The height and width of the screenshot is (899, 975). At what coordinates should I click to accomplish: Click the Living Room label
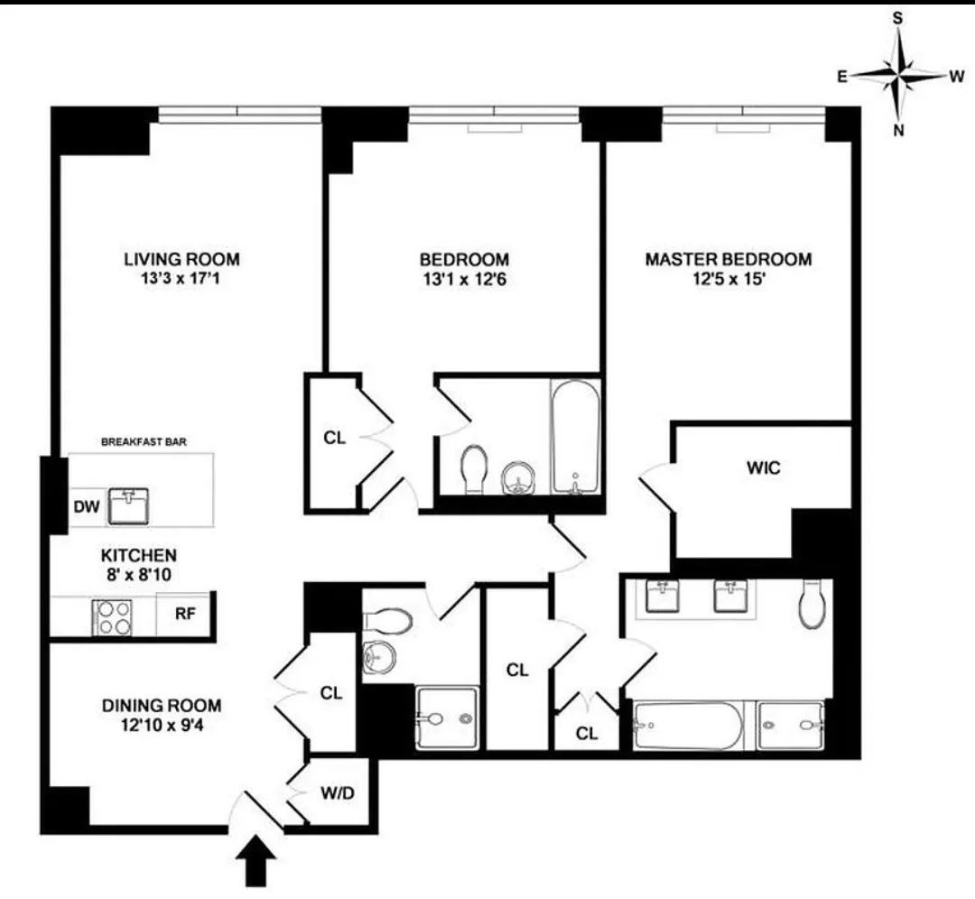[x=181, y=260]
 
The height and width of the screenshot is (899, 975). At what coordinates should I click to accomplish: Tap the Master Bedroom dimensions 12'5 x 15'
[x=728, y=280]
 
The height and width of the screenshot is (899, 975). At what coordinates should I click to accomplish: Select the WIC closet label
[x=763, y=468]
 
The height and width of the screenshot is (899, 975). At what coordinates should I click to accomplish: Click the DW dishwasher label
[x=86, y=507]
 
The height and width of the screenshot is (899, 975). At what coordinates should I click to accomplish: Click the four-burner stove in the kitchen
[x=114, y=618]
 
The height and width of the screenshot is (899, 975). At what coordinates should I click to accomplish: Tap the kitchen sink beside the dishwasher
[x=131, y=505]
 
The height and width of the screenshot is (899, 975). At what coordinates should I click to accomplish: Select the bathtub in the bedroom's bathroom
[x=575, y=437]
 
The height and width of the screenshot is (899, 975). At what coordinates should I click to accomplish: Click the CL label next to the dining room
[x=331, y=693]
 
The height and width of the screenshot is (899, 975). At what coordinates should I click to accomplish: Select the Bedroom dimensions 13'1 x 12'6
[x=463, y=280]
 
